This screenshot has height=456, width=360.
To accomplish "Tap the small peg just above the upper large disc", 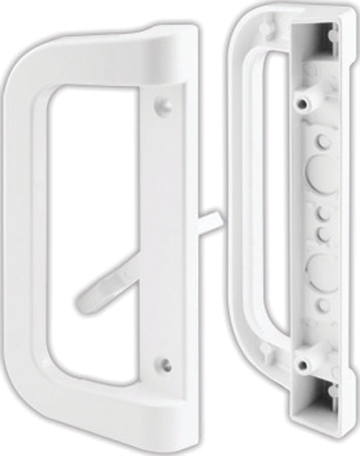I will (320, 139).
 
